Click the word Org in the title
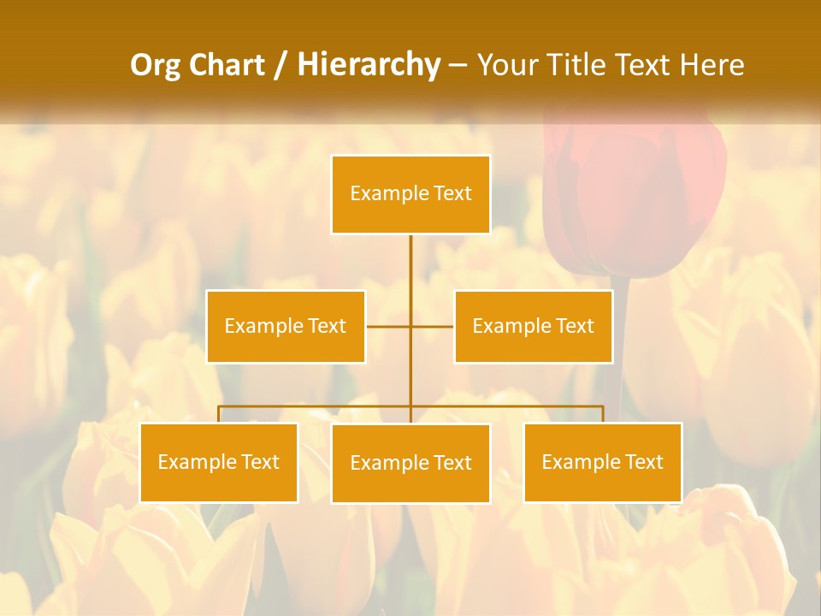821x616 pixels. pos(156,65)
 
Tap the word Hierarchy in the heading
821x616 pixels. pos(369,65)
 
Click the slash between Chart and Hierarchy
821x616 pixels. pos(281,66)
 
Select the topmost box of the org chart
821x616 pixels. pos(410,194)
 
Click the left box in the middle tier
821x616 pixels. pos(286,326)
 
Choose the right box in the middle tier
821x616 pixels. pos(533,326)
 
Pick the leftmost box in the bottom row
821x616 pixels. pos(219,462)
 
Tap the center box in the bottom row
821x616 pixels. pos(410,463)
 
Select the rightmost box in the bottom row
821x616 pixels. pos(602,462)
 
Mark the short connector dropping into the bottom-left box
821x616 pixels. pos(219,414)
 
